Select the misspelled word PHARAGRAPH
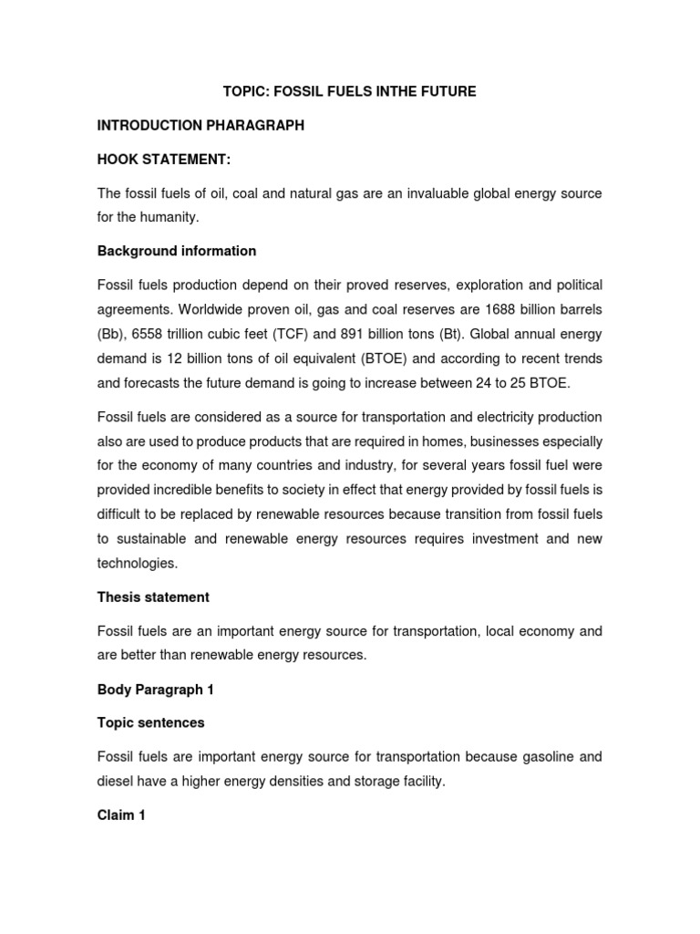tap(258, 126)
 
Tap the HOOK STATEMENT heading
tap(164, 161)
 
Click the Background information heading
tap(177, 251)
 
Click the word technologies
tap(138, 563)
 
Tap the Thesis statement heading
tap(153, 597)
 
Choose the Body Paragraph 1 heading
tap(155, 689)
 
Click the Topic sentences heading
tap(151, 722)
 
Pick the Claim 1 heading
tap(121, 815)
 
